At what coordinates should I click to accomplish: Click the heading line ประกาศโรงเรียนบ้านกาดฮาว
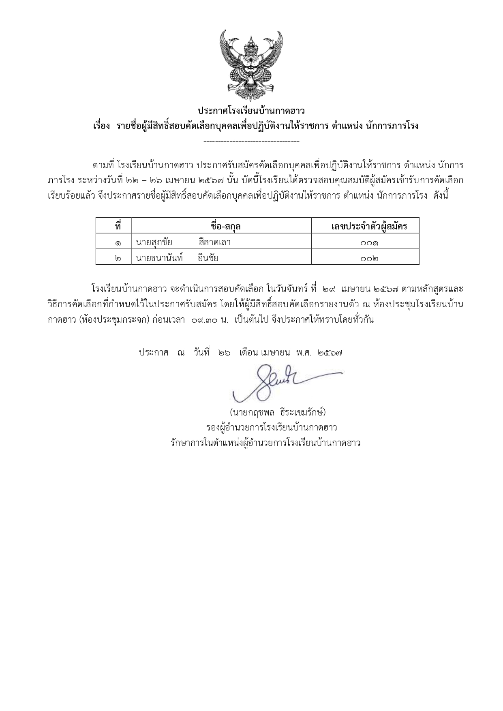(x=251, y=111)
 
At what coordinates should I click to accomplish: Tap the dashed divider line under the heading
(x=251, y=141)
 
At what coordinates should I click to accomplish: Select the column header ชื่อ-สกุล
(x=221, y=226)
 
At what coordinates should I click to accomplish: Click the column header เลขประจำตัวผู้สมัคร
(x=369, y=226)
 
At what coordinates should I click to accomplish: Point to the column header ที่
(x=118, y=226)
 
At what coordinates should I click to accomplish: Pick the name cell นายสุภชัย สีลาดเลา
(x=183, y=242)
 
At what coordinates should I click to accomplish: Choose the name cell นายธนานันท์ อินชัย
(x=177, y=257)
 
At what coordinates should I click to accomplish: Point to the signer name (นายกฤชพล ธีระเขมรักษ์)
(x=278, y=413)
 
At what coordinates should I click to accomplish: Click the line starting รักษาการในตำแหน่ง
(x=265, y=443)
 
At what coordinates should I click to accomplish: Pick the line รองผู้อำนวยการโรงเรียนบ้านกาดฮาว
(x=272, y=428)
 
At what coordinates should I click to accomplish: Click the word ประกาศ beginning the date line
(x=153, y=353)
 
